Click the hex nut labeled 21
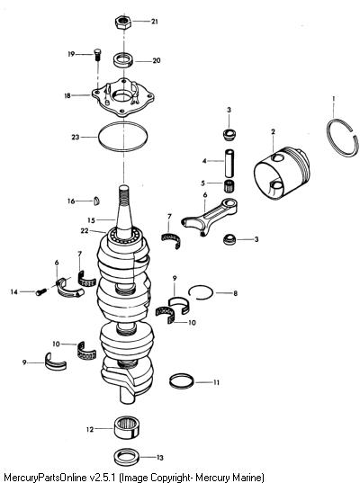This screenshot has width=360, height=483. tap(123, 22)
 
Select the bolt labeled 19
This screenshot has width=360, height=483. tap(97, 55)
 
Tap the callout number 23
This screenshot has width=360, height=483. tap(76, 137)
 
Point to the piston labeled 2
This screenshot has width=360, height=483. tap(281, 173)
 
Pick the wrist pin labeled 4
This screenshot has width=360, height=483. tap(229, 164)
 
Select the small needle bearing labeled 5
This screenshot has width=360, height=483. tap(229, 185)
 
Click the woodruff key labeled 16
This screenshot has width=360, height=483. tap(96, 201)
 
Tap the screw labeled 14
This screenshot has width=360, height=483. tap(41, 291)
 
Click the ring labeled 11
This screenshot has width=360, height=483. tap(182, 381)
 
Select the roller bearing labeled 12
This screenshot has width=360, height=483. tap(127, 427)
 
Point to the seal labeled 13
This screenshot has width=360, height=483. tap(126, 457)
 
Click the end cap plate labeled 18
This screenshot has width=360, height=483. tap(123, 97)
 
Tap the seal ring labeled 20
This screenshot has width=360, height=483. tap(123, 60)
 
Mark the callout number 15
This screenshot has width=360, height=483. tap(91, 220)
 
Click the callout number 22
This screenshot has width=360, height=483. tap(85, 231)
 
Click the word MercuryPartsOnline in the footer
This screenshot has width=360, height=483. tap(45, 478)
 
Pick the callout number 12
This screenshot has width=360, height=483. tap(90, 429)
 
